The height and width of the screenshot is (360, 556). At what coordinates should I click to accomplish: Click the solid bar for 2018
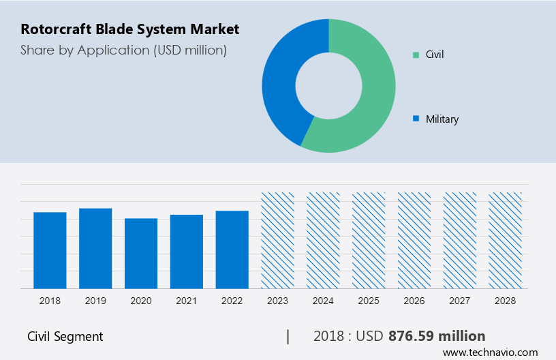[50, 250]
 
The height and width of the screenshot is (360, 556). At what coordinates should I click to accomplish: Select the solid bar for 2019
[95, 248]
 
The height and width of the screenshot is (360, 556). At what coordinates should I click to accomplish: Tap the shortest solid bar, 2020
[141, 253]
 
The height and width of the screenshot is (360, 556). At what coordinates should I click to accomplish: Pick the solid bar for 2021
[187, 252]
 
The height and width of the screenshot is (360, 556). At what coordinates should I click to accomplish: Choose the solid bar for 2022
[232, 250]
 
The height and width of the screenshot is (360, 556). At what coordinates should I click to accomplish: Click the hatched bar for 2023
[278, 240]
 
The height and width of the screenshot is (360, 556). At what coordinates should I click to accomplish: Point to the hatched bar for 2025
[369, 240]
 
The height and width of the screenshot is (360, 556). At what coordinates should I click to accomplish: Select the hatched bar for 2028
[505, 240]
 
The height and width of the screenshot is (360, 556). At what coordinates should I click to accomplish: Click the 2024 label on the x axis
[323, 300]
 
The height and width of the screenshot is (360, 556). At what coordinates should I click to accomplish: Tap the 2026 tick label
[414, 300]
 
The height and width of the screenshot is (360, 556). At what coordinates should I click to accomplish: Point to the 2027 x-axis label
[460, 300]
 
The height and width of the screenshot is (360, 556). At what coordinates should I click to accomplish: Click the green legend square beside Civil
[416, 54]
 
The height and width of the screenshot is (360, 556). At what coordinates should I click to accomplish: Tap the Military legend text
[442, 119]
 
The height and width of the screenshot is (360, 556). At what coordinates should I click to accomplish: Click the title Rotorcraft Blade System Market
[130, 29]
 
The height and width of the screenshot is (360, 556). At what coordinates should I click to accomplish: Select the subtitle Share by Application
[123, 50]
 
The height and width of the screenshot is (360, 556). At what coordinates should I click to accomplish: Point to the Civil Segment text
[65, 336]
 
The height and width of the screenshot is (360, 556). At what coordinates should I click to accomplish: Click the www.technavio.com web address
[491, 352]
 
